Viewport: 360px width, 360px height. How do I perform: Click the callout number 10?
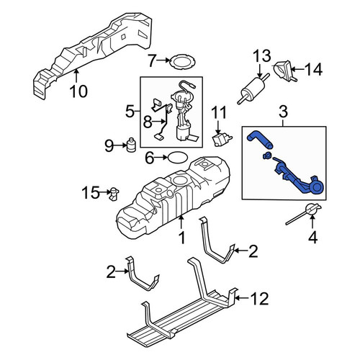pos(78,91)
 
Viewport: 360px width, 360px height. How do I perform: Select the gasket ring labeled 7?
pos(182,56)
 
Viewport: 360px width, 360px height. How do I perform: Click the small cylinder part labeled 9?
pos(131,145)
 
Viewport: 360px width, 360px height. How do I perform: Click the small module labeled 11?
pos(222,139)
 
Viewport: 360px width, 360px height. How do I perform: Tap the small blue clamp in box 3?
pos(266,156)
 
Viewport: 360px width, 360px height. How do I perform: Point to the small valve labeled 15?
pos(114,194)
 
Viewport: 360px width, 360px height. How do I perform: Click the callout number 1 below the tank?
pos(182,238)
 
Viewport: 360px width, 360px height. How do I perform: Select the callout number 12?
pos(260,299)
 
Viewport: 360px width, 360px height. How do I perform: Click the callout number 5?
pos(130,112)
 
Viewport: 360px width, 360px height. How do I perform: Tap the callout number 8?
pos(148,122)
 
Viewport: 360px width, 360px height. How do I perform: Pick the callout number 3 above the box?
pos(283,112)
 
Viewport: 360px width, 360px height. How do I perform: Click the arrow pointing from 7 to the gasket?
pos(163,60)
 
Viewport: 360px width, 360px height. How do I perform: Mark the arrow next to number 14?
pos(298,69)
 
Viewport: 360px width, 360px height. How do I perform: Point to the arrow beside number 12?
pos(242,298)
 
